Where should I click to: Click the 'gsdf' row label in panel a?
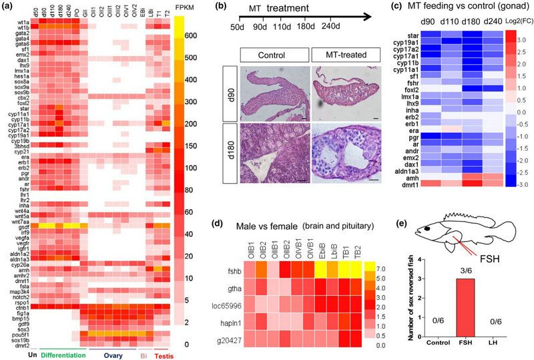tap(17, 228)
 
